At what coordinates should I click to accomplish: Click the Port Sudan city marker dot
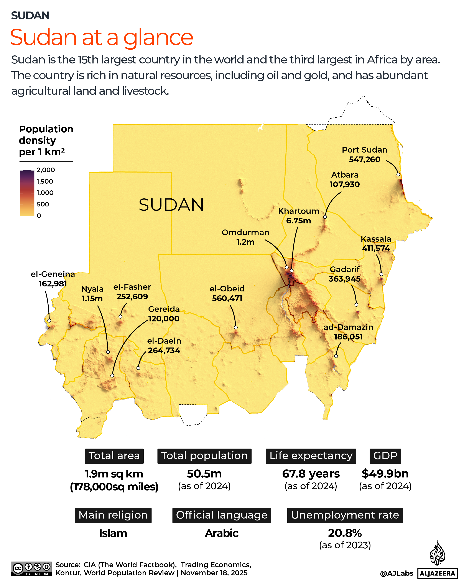(398, 175)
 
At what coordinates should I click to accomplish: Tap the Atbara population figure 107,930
(344, 184)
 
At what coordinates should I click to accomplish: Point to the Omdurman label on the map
(245, 232)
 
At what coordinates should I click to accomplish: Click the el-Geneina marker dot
(49, 321)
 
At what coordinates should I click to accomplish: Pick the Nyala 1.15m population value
(92, 298)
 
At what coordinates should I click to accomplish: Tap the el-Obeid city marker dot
(235, 328)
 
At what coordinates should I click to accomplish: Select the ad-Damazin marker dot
(336, 356)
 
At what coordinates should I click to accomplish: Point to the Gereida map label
(164, 309)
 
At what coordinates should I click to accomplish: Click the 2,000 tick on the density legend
(46, 170)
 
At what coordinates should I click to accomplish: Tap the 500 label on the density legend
(43, 204)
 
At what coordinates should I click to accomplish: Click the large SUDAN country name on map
(171, 205)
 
